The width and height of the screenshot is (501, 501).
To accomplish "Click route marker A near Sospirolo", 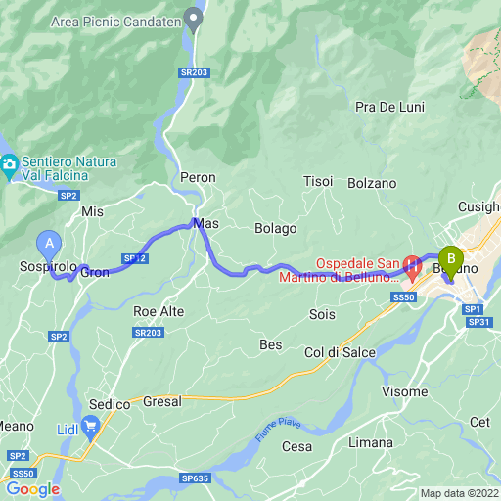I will pos(47,241).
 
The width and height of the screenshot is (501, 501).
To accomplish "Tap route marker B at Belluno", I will pos(451,258).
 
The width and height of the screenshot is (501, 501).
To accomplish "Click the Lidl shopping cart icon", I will pos(92,425).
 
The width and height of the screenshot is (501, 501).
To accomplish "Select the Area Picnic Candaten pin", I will pos(195,17).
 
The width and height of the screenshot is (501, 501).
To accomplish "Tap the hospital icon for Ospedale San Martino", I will pos(412,264).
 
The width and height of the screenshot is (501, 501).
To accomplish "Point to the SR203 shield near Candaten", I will pos(195,71).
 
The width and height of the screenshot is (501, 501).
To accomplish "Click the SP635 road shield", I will pos(194,478).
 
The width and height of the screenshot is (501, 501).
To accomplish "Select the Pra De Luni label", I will pos(389,107).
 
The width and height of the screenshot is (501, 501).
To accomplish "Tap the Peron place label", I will pos(198,177).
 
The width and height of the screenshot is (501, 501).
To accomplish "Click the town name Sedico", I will pos(109,403).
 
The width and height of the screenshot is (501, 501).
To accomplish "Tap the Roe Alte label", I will pos(158,311).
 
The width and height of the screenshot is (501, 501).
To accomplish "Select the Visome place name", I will pos(404,391).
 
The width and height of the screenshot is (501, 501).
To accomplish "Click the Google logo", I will pos(32,488).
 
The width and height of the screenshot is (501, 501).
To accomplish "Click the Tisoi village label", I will pos(318,182).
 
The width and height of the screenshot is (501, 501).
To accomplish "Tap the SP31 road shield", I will pos(478,322).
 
